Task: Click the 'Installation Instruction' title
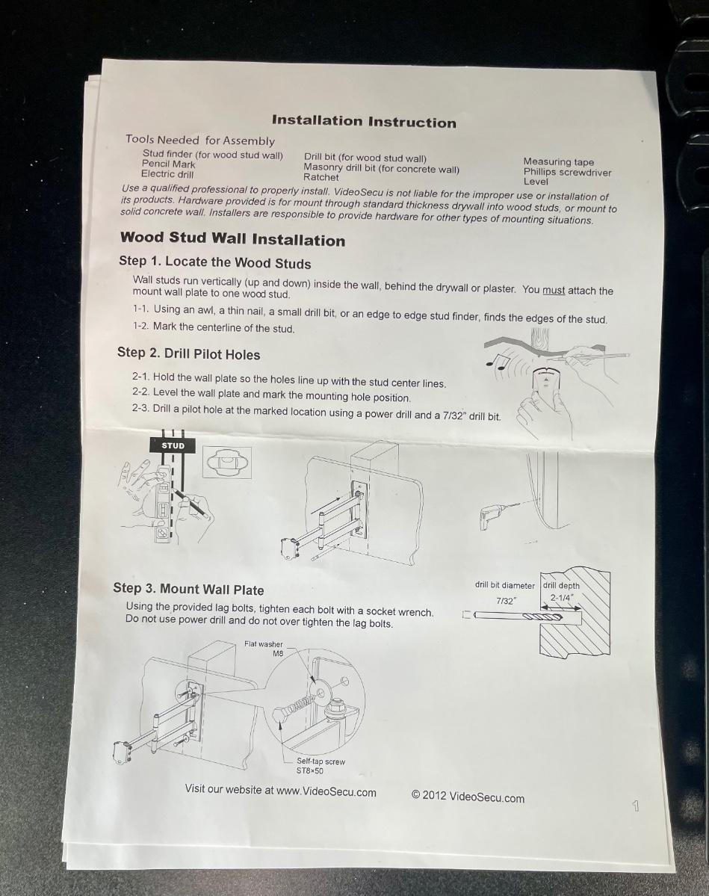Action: coord(364,121)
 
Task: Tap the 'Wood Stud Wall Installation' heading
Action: coord(232,239)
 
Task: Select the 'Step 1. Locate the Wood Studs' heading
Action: coord(215,262)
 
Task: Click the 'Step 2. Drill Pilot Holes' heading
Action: coord(188,353)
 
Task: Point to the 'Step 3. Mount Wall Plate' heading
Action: coord(188,589)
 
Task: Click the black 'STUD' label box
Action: coord(173,445)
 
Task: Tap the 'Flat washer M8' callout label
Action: coord(264,649)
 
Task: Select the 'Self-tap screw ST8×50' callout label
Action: coord(321,766)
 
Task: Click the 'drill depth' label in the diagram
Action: coord(561,586)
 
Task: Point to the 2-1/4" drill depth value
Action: coord(562,598)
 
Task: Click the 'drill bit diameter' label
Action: coord(505,585)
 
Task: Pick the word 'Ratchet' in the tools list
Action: coord(321,177)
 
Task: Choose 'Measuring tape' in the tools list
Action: coord(559,161)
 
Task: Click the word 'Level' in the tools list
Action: coord(536,181)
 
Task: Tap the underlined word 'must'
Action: coord(554,290)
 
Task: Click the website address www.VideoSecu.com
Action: coord(326,791)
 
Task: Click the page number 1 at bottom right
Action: coord(635,806)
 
